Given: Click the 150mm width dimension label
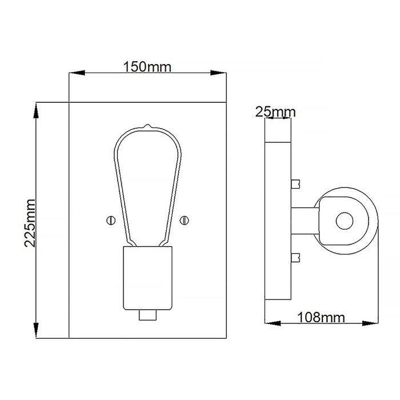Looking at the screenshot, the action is (147, 67).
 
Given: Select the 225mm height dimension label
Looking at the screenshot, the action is (30, 223).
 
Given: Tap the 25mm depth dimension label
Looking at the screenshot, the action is (275, 112).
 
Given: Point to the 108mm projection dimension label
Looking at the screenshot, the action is (321, 317).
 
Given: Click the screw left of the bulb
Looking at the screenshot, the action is (111, 221).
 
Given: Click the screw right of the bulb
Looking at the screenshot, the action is (184, 221).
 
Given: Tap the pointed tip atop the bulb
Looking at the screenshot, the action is (147, 126).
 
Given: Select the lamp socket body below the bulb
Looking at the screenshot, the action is (147, 278).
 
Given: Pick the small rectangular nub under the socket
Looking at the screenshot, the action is (147, 315).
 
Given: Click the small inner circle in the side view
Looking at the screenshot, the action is (345, 221).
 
